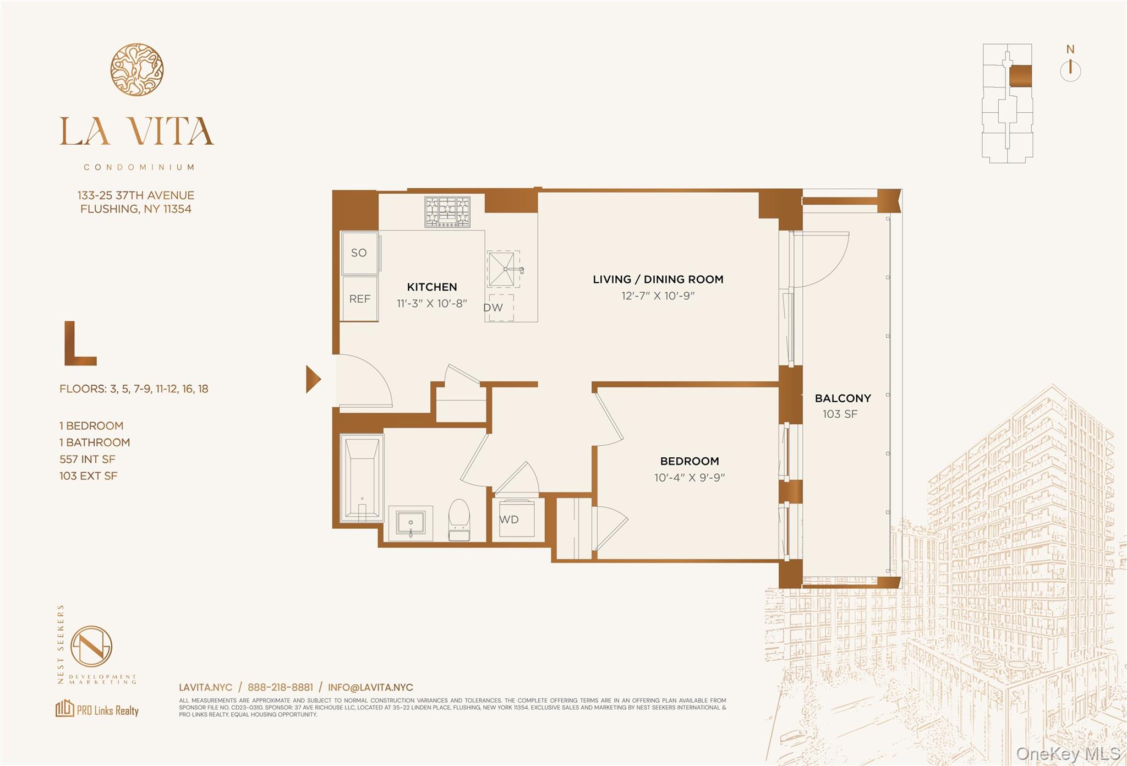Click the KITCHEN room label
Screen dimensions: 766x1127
click(x=431, y=287)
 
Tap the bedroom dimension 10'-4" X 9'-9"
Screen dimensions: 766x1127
click(x=689, y=478)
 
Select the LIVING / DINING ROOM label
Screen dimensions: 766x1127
click(x=658, y=279)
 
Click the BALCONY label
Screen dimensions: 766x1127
click(x=842, y=398)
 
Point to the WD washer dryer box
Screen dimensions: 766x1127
click(x=516, y=519)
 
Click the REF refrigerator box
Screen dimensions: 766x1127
click(x=359, y=299)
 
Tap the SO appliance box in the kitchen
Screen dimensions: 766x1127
click(x=359, y=253)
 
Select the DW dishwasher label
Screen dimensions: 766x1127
click(x=494, y=308)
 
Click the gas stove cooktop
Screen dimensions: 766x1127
click(x=447, y=212)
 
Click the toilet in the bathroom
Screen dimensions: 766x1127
click(x=459, y=519)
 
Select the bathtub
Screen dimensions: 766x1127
click(x=362, y=477)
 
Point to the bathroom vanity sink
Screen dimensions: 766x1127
click(x=410, y=523)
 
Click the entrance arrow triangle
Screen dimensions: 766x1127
click(x=313, y=379)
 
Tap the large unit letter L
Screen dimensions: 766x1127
click(x=80, y=344)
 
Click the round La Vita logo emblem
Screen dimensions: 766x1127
click(x=136, y=69)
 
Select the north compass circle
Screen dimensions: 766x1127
click(x=1070, y=71)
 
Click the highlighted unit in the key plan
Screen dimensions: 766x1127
click(x=1020, y=76)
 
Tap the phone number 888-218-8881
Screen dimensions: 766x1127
click(x=280, y=687)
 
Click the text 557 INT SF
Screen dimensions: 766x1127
click(x=87, y=459)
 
